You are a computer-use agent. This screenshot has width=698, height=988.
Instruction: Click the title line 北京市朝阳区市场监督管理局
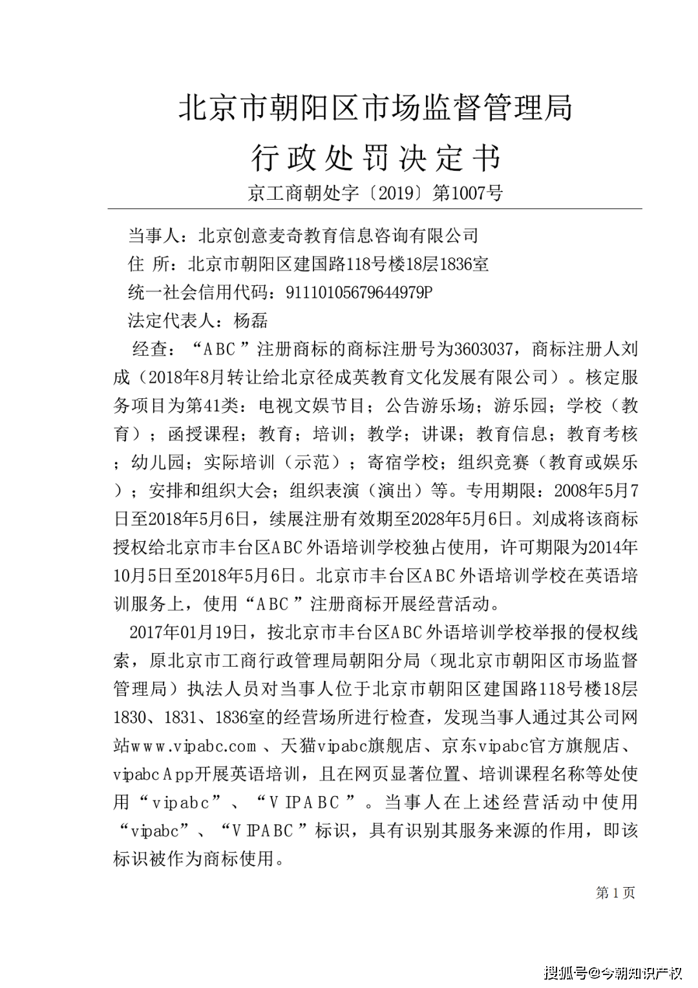pyautogui.click(x=375, y=108)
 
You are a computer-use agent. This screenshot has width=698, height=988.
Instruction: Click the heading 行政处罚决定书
pyautogui.click(x=375, y=158)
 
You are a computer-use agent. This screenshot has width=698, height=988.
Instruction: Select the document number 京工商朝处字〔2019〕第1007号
pyautogui.click(x=375, y=193)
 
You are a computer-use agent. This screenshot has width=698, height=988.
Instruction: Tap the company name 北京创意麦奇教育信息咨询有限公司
pyautogui.click(x=338, y=235)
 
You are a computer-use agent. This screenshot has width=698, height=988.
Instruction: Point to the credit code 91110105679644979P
pyautogui.click(x=358, y=292)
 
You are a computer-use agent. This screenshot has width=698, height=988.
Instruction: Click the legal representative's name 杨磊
pyautogui.click(x=251, y=321)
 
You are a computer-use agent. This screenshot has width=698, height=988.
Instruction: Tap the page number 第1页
pyautogui.click(x=615, y=893)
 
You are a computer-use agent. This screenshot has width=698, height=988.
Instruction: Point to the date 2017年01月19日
pyautogui.click(x=189, y=632)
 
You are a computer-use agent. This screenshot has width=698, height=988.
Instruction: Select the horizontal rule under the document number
pyautogui.click(x=375, y=209)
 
